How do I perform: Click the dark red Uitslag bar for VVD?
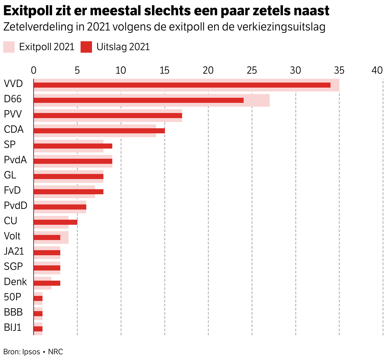(x=182, y=85)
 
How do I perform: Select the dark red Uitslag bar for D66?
(x=138, y=100)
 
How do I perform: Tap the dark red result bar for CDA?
(x=99, y=131)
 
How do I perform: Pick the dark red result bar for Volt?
(x=47, y=237)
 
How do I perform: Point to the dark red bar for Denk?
(x=47, y=283)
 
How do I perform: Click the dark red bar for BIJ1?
(x=38, y=329)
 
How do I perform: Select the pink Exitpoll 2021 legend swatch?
(x=9, y=47)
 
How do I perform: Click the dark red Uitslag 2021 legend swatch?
(x=86, y=47)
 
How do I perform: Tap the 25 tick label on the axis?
(x=252, y=70)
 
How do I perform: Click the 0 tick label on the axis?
(x=34, y=70)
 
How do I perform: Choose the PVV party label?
(x=13, y=114)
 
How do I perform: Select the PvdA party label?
(x=15, y=160)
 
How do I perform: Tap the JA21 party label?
(x=14, y=251)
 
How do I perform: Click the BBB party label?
(x=13, y=312)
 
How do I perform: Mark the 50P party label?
(x=13, y=297)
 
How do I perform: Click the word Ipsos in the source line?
(x=31, y=352)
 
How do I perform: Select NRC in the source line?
(x=56, y=352)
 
